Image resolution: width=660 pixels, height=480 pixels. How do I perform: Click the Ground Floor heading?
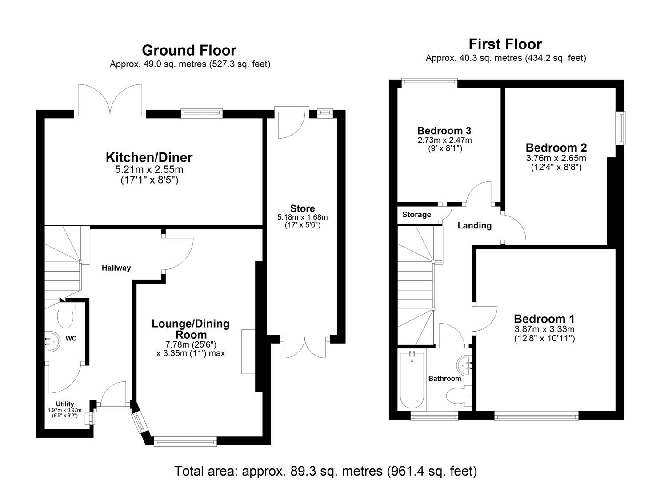[x=189, y=50]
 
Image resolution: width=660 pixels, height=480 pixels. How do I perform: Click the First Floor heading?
[x=505, y=44]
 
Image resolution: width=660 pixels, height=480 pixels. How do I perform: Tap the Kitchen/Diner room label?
[x=149, y=157]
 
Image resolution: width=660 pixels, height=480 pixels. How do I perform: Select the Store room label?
[x=302, y=208]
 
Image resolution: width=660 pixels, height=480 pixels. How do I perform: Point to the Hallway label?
[x=116, y=268]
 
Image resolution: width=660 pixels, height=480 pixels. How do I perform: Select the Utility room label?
[x=65, y=404]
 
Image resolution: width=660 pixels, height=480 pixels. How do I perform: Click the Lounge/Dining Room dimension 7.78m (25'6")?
[x=191, y=344]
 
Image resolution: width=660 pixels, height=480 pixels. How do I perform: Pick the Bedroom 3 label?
[x=444, y=131]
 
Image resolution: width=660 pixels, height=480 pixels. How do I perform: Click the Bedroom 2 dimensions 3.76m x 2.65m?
[x=556, y=158]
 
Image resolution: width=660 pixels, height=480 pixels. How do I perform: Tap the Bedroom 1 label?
[x=544, y=319]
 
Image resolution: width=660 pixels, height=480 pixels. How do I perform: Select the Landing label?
[x=474, y=226]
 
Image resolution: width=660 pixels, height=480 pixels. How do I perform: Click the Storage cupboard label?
[x=416, y=215]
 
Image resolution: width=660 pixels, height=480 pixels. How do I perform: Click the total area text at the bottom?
[x=325, y=471]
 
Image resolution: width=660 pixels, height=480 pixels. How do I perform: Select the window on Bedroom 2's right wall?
[x=620, y=128]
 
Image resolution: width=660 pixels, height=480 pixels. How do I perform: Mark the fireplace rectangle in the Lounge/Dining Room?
[x=248, y=351]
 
